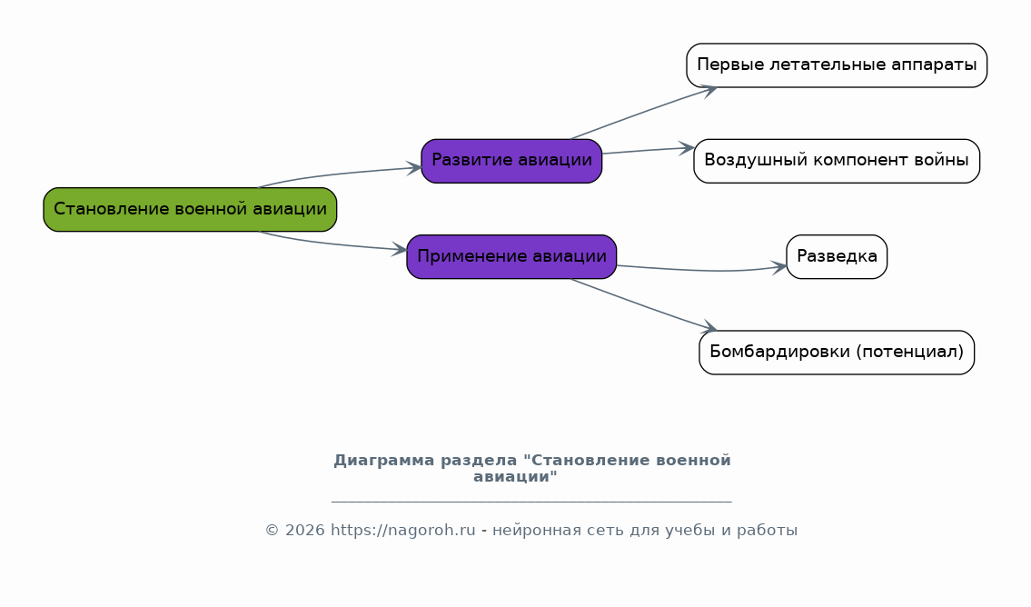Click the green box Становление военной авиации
(x=190, y=210)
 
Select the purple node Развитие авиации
(x=511, y=161)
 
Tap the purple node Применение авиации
(x=511, y=257)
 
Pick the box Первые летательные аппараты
(x=837, y=65)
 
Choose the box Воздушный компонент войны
(x=837, y=161)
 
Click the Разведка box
(x=837, y=257)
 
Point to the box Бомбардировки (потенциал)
(x=837, y=353)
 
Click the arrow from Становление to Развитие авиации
(x=339, y=174)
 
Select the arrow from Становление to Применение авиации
(x=332, y=244)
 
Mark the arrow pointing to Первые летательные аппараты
(x=643, y=112)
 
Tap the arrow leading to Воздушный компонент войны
(x=649, y=151)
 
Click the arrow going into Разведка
(x=702, y=270)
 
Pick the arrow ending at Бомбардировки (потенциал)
(x=643, y=305)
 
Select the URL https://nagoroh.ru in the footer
(x=402, y=530)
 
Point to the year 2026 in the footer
(x=304, y=530)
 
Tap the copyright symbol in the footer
(x=273, y=530)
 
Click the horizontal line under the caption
(x=531, y=502)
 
